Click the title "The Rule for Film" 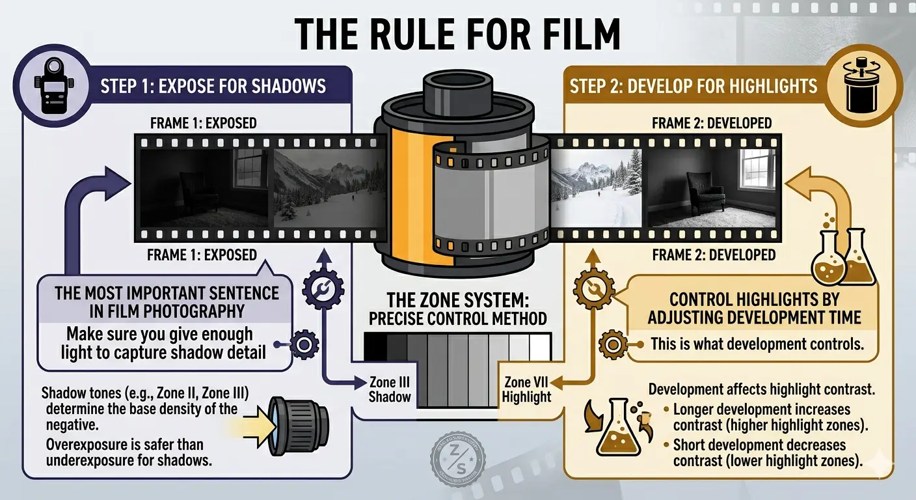[457, 34]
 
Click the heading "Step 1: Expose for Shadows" [213, 86]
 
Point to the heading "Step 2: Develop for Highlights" [694, 86]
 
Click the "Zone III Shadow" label [390, 389]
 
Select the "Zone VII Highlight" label [526, 389]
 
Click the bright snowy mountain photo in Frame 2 [596, 188]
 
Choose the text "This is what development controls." [757, 344]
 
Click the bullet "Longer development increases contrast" [761, 418]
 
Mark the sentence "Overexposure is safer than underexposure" [122, 452]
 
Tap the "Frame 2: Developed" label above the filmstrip [712, 122]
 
